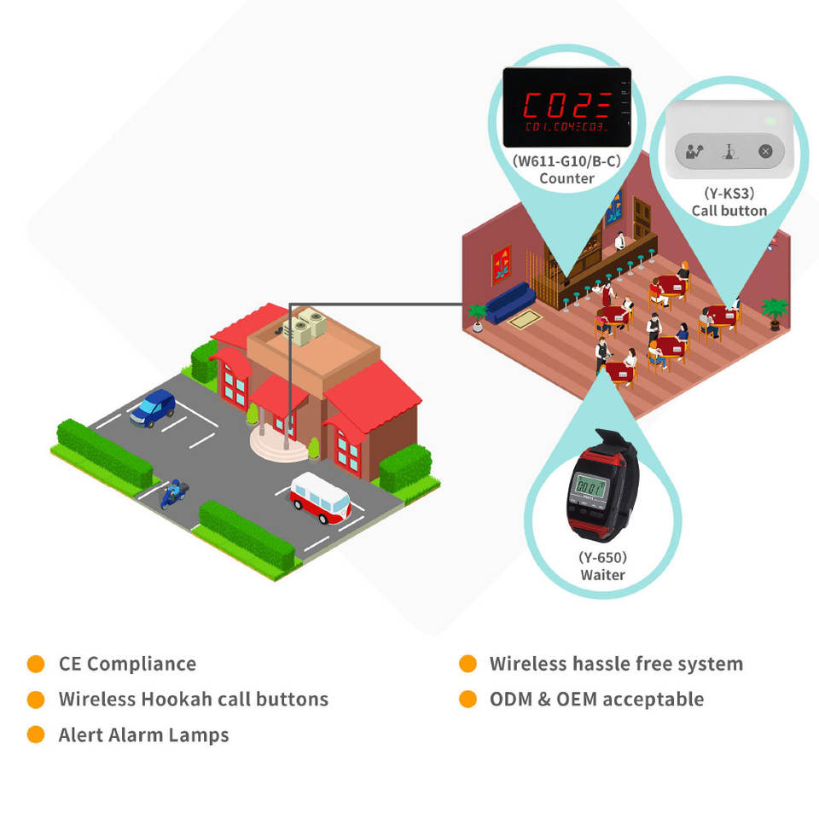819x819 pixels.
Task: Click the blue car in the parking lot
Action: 154,408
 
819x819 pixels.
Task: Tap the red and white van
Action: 320,498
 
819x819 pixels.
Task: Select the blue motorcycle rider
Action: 173,493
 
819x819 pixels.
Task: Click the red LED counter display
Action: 566,107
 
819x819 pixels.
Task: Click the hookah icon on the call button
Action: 729,152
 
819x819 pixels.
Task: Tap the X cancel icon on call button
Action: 765,152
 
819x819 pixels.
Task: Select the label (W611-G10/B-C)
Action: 566,160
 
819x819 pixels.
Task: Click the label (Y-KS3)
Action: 729,193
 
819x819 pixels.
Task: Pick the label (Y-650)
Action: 602,558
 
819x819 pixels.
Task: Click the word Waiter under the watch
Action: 602,575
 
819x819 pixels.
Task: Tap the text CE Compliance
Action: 127,664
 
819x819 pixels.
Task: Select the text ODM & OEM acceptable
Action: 596,700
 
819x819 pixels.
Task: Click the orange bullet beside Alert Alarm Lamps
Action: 36,735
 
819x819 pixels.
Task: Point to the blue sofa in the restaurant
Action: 509,304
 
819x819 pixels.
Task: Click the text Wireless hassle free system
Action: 616,664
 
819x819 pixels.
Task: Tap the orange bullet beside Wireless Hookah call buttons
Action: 36,700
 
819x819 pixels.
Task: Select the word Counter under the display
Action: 566,178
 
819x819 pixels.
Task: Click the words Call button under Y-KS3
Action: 729,211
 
